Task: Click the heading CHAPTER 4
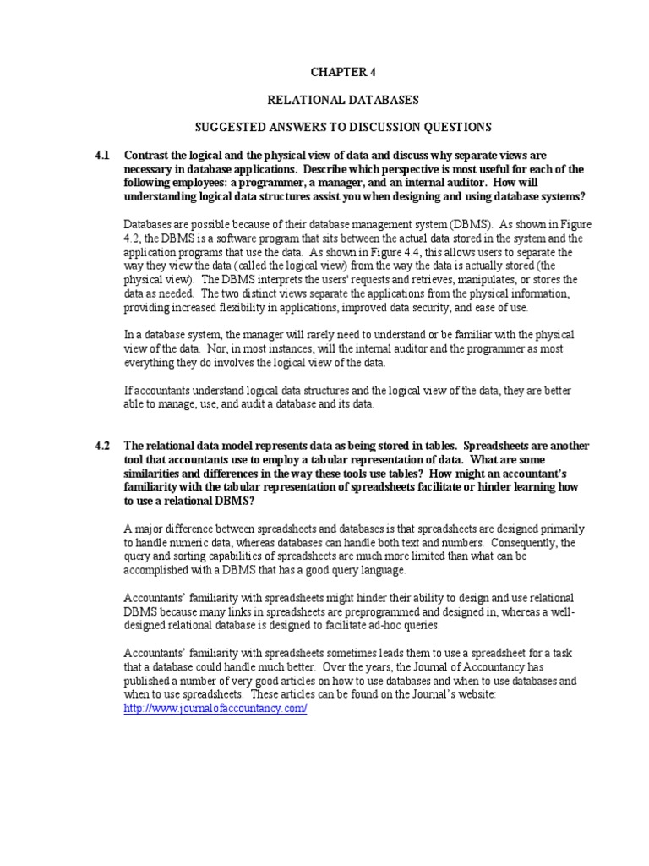342,73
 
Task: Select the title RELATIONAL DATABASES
342,100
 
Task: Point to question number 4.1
102,156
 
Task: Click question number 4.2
102,446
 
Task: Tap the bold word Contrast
149,156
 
